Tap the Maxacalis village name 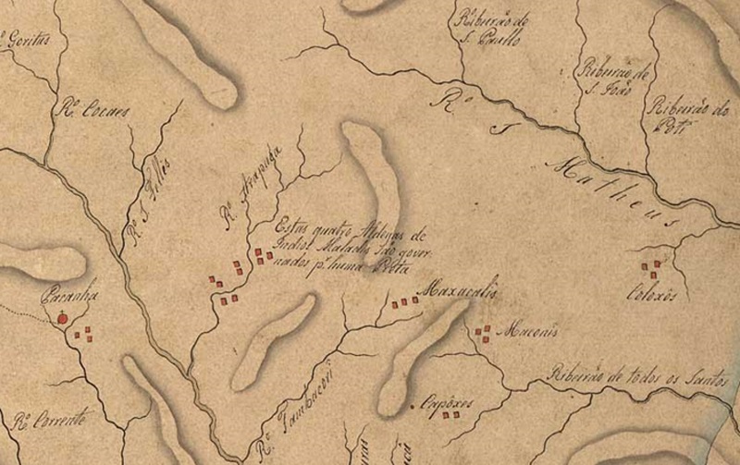point(459,292)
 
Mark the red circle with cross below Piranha point(63,319)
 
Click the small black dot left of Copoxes point(412,406)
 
